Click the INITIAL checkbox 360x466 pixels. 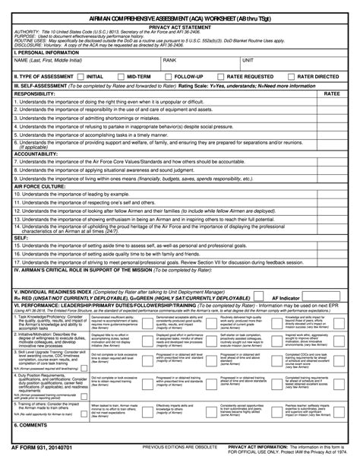coord(81,77)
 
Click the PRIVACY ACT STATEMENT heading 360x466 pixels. coord(179,25)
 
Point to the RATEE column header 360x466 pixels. coord(333,93)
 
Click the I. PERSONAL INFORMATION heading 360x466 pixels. coord(48,52)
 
